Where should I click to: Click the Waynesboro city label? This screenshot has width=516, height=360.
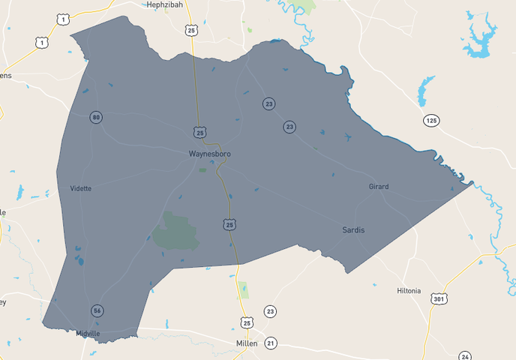[x=209, y=154]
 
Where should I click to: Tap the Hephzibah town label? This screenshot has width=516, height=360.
[x=164, y=4]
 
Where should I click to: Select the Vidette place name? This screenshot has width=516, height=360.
[x=80, y=188]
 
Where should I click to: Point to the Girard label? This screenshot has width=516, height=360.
[x=379, y=186]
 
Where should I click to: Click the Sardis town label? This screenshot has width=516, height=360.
[x=353, y=230]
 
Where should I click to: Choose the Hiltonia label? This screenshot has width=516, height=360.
[x=409, y=291]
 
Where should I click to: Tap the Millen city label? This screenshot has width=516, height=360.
[x=245, y=343]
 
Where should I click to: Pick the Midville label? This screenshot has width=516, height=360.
[x=88, y=334]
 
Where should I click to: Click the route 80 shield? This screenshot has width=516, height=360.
[x=96, y=117]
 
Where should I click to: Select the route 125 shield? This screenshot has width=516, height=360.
[x=430, y=121]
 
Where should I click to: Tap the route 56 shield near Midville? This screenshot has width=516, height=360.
[x=97, y=310]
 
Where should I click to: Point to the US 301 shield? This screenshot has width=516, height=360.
[x=439, y=299]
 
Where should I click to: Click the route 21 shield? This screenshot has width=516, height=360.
[x=271, y=343]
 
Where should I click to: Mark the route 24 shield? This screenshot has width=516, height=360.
[x=465, y=356]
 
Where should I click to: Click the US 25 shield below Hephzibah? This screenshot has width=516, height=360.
[x=192, y=30]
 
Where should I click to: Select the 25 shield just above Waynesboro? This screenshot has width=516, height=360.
[x=199, y=133]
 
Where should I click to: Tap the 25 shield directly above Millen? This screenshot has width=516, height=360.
[x=247, y=322]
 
